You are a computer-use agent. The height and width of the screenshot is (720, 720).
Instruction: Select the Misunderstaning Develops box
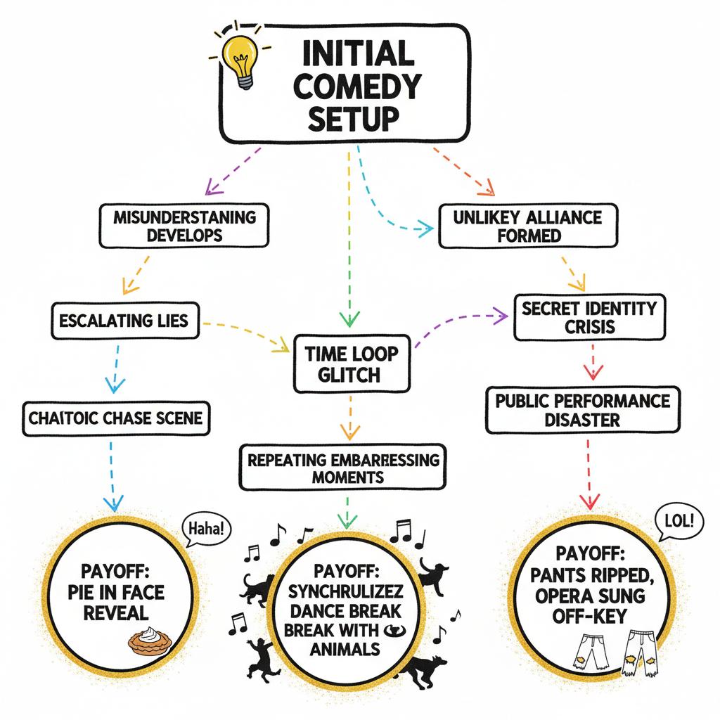pos(185,225)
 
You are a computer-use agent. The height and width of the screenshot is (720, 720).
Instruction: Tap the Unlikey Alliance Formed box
pos(529,225)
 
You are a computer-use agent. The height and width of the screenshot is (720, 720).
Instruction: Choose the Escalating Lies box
pos(124,321)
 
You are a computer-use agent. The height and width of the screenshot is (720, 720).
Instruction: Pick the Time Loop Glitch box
pos(351,364)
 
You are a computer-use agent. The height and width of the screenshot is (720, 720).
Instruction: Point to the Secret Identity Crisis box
pos(589,316)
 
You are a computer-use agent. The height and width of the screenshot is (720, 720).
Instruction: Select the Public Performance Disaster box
pos(582,410)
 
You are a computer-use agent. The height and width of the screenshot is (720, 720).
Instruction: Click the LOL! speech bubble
pos(678,521)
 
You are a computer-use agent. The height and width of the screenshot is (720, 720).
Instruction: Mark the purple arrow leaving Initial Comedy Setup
pos(234,169)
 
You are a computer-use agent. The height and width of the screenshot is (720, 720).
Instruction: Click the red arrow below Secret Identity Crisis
pos(589,364)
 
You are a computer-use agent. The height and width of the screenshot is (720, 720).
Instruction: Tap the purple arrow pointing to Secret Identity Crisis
pos(461,325)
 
